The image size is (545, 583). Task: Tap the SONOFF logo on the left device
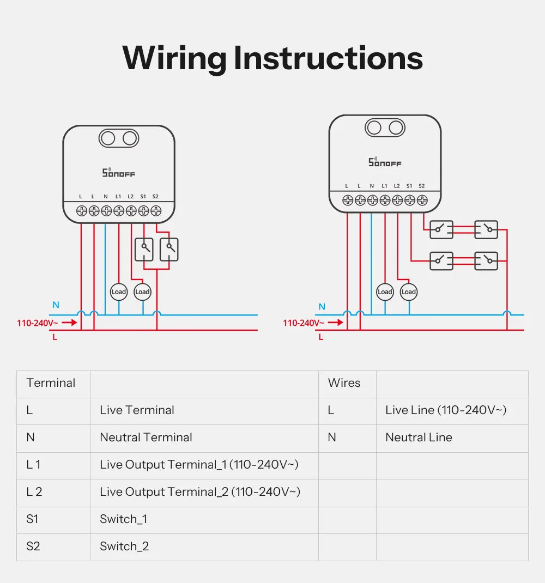[119, 173]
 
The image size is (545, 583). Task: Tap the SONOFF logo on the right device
[385, 162]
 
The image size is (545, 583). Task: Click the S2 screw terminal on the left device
[156, 210]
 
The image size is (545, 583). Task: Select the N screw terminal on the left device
[106, 210]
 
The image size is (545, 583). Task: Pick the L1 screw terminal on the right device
[385, 200]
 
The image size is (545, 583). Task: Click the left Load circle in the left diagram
[119, 292]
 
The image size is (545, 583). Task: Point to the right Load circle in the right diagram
[408, 292]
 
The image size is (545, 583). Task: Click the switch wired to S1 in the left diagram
[144, 249]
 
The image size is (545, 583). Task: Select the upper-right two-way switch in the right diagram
[486, 229]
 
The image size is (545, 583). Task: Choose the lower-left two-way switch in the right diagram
[441, 260]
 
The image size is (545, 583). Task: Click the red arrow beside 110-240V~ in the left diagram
[69, 323]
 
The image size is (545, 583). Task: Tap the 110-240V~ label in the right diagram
[303, 323]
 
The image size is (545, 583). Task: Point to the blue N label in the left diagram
[56, 305]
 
